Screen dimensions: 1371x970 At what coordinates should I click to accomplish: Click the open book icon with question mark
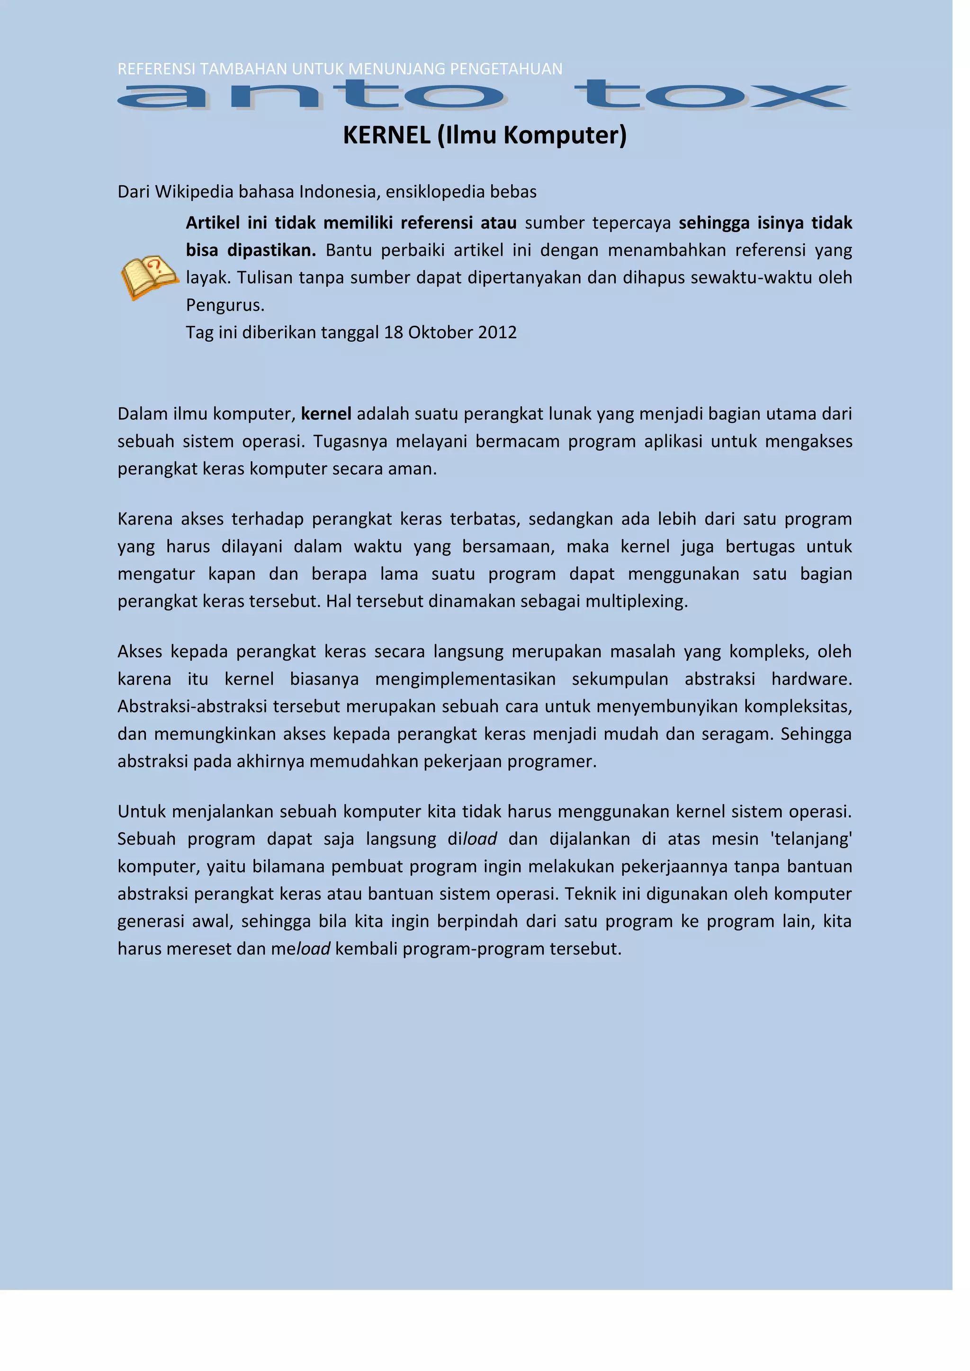click(x=149, y=276)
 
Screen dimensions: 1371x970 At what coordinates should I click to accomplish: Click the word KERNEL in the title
click(x=386, y=135)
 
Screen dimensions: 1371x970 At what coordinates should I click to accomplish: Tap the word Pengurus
click(x=225, y=305)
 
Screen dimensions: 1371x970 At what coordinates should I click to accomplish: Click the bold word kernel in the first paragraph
click(x=326, y=414)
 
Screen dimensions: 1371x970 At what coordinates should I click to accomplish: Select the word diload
click(x=472, y=839)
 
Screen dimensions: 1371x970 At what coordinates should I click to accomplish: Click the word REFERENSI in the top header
click(x=156, y=69)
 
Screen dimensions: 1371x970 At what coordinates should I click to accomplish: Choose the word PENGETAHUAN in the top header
click(x=506, y=69)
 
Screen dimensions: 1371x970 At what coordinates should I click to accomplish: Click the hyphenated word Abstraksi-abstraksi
click(x=192, y=706)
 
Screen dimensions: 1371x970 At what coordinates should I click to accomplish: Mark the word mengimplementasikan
click(x=465, y=679)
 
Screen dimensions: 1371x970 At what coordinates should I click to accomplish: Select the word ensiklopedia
click(x=435, y=192)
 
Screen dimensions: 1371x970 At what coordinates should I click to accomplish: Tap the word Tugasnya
click(x=350, y=441)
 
